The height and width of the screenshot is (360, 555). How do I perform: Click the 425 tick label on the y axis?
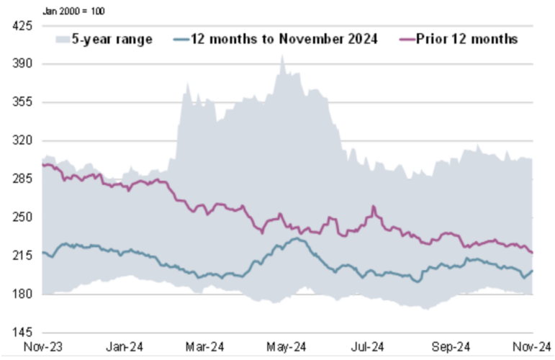click(x=22, y=26)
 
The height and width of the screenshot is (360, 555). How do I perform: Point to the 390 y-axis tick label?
click(x=22, y=64)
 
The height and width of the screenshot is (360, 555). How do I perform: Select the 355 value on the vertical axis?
click(x=22, y=102)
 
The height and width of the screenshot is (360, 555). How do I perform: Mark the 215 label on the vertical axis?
click(x=22, y=256)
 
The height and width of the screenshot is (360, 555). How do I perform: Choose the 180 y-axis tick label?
click(x=22, y=294)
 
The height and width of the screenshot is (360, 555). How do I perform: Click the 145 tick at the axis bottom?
click(x=22, y=333)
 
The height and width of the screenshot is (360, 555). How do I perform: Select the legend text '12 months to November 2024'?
click(x=284, y=39)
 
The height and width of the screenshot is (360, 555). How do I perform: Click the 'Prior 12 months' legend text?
click(x=466, y=39)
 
